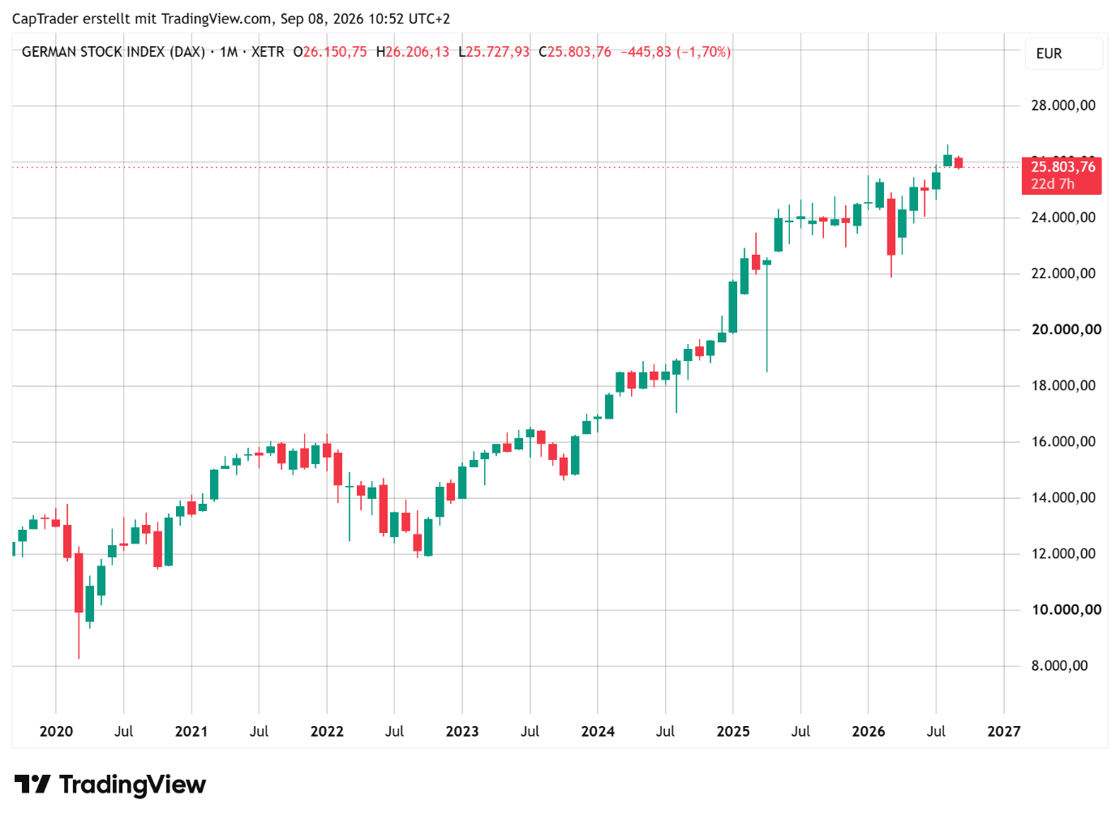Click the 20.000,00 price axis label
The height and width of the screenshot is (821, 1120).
(1066, 329)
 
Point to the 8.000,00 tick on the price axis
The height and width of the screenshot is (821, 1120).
(1059, 666)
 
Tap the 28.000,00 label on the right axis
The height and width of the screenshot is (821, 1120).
(1063, 105)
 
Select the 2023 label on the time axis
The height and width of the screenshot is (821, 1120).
(462, 732)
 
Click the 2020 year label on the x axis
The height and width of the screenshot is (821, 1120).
(56, 732)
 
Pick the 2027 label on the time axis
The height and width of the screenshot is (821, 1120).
(1003, 732)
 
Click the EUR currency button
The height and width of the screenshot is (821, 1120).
(1063, 54)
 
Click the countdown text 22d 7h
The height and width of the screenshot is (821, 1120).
(1053, 184)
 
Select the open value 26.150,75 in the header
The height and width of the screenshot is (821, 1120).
(334, 52)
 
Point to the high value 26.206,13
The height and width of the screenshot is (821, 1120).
(417, 52)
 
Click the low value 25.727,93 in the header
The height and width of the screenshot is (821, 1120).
(497, 52)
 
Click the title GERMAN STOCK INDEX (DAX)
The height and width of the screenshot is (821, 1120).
(114, 52)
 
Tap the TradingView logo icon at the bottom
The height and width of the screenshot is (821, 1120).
(32, 784)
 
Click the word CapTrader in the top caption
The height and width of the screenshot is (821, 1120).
(45, 19)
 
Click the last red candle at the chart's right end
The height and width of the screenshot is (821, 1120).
(959, 162)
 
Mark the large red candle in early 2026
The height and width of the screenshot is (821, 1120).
(891, 234)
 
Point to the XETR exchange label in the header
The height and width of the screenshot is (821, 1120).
(268, 52)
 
